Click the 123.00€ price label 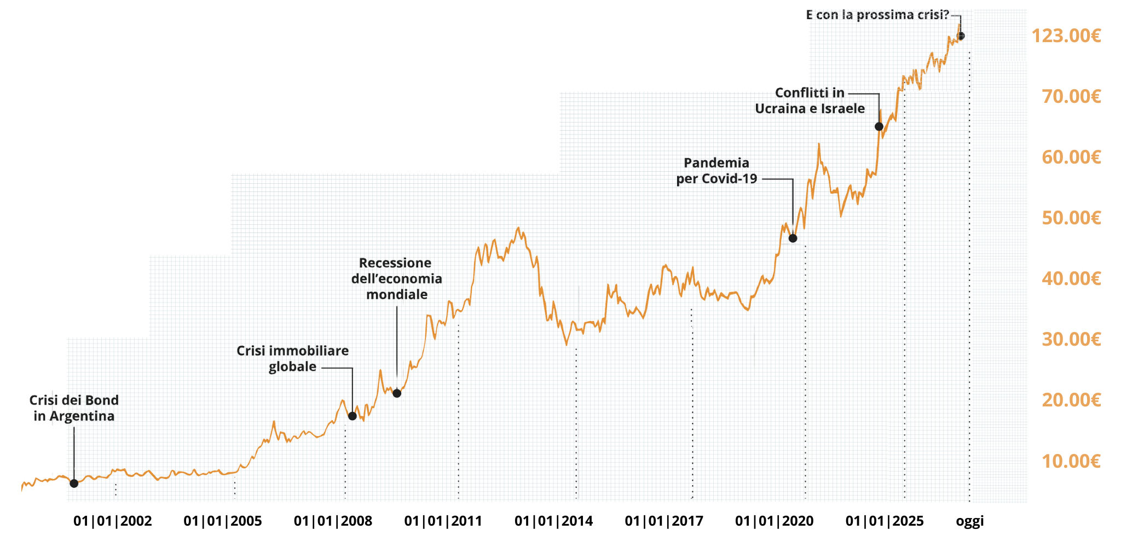pyautogui.click(x=1066, y=36)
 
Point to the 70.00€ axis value pyautogui.click(x=1071, y=97)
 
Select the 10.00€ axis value pyautogui.click(x=1071, y=462)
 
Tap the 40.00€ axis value pyautogui.click(x=1071, y=279)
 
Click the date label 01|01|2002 pyautogui.click(x=112, y=521)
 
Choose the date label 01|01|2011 pyautogui.click(x=443, y=521)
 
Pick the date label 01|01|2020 pyautogui.click(x=774, y=521)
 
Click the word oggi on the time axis pyautogui.click(x=969, y=521)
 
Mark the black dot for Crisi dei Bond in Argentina pyautogui.click(x=74, y=484)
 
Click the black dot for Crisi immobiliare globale pyautogui.click(x=353, y=416)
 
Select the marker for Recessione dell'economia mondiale pyautogui.click(x=397, y=393)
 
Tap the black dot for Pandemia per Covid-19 pyautogui.click(x=793, y=238)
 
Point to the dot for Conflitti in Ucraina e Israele pyautogui.click(x=879, y=127)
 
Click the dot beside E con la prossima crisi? pyautogui.click(x=960, y=36)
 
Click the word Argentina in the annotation pyautogui.click(x=82, y=416)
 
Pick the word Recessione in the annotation pyautogui.click(x=395, y=263)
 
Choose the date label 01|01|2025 pyautogui.click(x=885, y=521)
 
